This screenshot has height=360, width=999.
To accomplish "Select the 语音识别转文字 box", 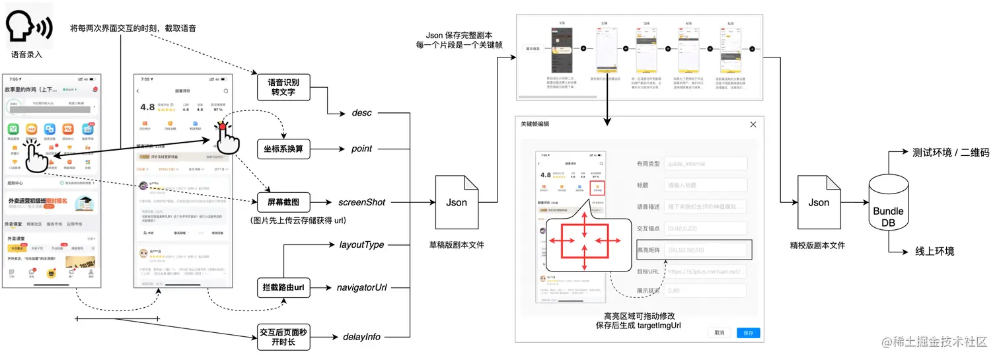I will click(283, 88).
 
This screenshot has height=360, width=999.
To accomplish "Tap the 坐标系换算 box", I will click(283, 149).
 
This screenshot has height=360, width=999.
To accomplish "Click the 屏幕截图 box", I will click(283, 202).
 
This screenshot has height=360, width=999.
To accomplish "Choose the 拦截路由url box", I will click(283, 287).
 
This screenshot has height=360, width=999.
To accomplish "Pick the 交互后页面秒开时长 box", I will click(283, 336).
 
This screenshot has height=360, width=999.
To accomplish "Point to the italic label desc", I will click(361, 113).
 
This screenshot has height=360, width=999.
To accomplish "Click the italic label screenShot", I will click(361, 202).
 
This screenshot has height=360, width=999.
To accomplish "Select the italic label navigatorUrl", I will click(361, 287).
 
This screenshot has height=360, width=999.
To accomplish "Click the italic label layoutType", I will click(361, 245).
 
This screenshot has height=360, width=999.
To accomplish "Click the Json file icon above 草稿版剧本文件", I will click(456, 201).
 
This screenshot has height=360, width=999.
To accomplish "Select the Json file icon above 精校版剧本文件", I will click(818, 201).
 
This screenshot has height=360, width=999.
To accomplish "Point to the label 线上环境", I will click(934, 252).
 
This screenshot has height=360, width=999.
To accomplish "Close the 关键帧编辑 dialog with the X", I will click(753, 125).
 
